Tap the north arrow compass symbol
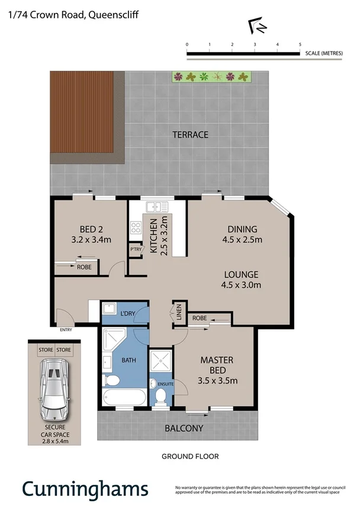257,26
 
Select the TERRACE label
190,134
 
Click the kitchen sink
157,207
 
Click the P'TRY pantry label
136,250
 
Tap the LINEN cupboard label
179,312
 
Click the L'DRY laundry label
128,313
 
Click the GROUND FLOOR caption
190,456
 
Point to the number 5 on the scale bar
300,44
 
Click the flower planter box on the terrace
211,76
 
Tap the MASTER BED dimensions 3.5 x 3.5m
217,380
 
